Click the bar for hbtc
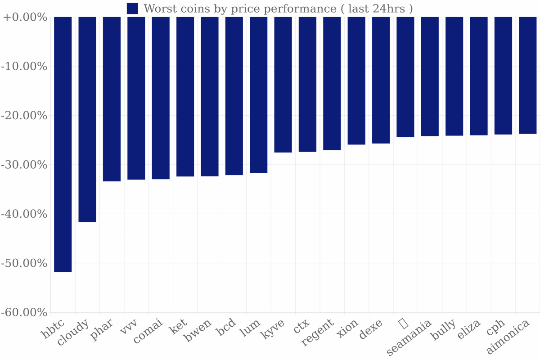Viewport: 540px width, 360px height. [x=63, y=144]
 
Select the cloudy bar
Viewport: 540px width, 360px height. [x=87, y=119]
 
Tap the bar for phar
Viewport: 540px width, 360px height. [x=112, y=99]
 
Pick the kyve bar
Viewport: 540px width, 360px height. [x=283, y=85]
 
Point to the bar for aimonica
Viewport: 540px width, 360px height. [x=527, y=75]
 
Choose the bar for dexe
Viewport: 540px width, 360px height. [x=381, y=80]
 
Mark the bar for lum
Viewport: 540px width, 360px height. [x=258, y=95]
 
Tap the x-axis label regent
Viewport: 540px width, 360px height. [x=318, y=332]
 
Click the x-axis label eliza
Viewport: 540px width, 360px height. [x=469, y=328]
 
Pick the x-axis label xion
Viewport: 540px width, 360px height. [x=347, y=328]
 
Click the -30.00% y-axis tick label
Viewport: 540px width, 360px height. [x=25, y=165]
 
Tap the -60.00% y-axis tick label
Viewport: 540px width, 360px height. [x=25, y=312]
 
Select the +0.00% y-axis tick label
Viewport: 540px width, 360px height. [x=25, y=17]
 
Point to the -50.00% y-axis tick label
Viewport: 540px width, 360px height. [x=25, y=263]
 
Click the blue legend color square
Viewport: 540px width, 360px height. [x=132, y=8]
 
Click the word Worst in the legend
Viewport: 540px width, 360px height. [x=157, y=9]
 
